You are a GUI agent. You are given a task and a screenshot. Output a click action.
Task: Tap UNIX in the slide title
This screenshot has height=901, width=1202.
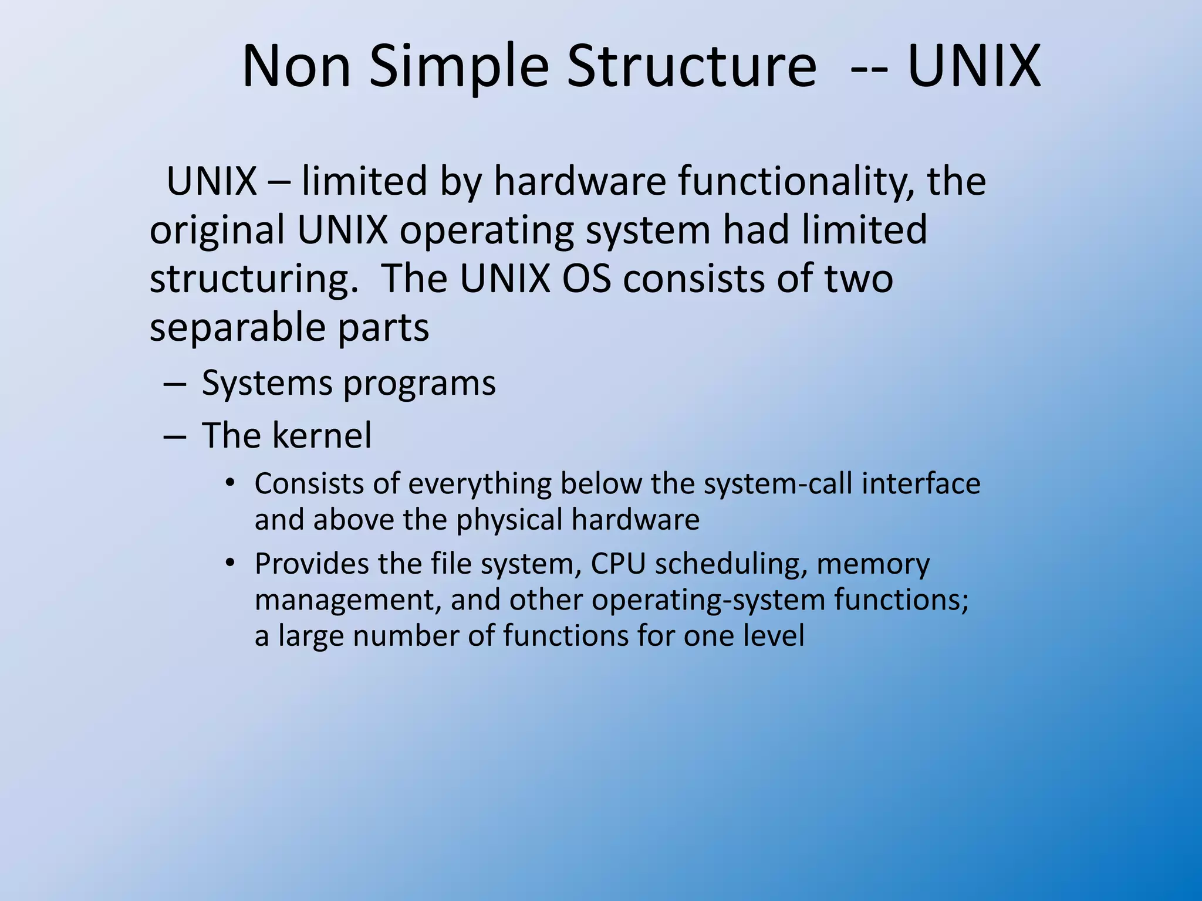pos(974,66)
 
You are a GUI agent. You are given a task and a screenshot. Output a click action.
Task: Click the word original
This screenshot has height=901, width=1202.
pos(217,230)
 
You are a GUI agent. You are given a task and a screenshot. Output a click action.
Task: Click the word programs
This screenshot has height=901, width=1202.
pos(419,384)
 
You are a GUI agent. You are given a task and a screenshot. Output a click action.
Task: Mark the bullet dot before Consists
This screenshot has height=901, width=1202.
pos(230,483)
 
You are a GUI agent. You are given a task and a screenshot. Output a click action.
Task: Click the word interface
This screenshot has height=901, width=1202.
pos(921,483)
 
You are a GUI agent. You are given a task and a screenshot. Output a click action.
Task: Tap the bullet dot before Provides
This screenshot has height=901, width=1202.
pos(230,563)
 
